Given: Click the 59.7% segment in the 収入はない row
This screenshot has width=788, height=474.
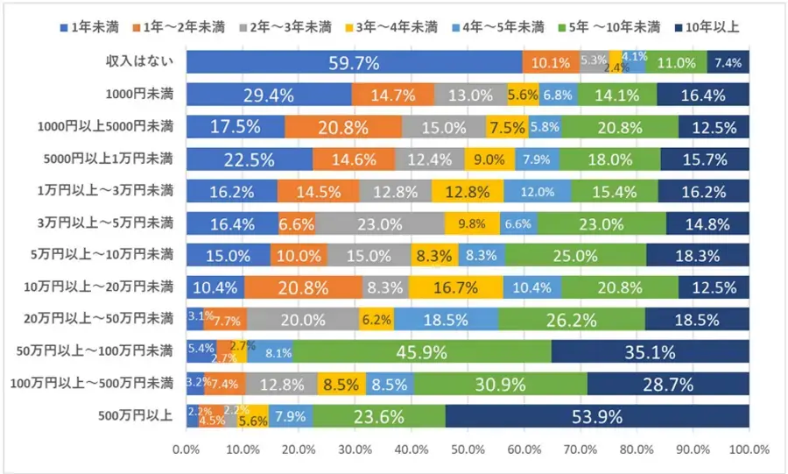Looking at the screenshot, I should [354, 62].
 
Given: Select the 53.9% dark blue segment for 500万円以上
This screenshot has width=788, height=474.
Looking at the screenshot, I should [597, 416].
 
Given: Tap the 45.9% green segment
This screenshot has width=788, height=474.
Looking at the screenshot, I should [422, 352].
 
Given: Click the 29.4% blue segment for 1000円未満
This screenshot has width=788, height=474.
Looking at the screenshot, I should [269, 95].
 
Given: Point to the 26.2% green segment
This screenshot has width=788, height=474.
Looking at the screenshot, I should [572, 320].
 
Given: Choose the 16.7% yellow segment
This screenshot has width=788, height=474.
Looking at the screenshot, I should [455, 287].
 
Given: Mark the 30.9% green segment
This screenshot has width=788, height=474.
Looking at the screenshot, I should [500, 384].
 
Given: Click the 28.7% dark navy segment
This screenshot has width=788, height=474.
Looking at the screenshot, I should [668, 384].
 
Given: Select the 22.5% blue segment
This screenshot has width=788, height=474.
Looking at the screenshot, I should [250, 159].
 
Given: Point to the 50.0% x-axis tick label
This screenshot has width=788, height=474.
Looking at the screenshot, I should [468, 449].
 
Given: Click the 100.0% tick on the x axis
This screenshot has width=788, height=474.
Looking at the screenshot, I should [749, 449].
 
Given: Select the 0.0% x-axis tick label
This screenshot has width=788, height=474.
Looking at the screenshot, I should [186, 449].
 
